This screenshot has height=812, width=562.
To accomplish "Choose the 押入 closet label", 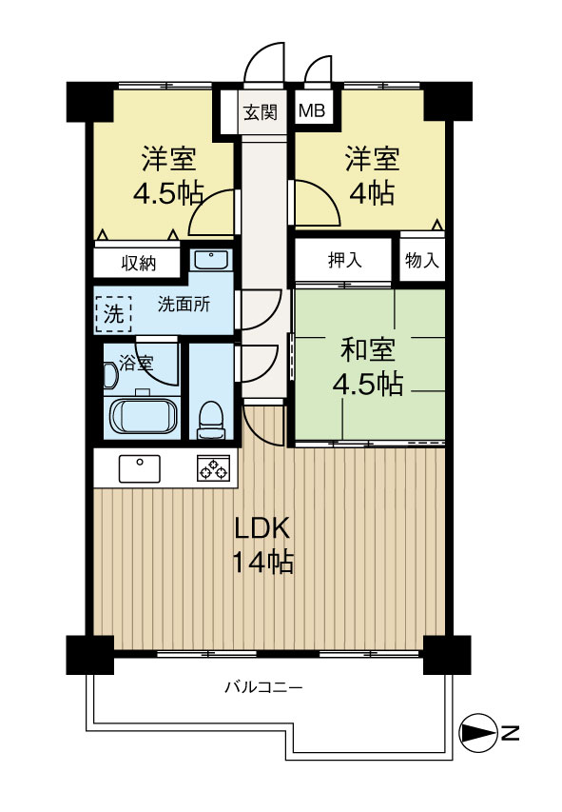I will [344, 260].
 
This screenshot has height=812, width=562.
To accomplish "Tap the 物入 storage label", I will [421, 260].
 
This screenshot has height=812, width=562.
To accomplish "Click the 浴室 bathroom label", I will [135, 362].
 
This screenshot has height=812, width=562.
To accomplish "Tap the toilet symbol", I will [209, 419].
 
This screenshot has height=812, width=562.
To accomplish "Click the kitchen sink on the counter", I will [140, 468].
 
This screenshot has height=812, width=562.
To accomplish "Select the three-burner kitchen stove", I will [213, 468].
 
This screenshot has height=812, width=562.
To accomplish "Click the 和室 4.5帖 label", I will [367, 366].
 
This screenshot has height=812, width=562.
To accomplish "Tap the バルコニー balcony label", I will [263, 686].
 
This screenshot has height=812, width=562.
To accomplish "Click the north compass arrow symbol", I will [475, 732].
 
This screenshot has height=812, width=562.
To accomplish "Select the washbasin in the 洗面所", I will [209, 260].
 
